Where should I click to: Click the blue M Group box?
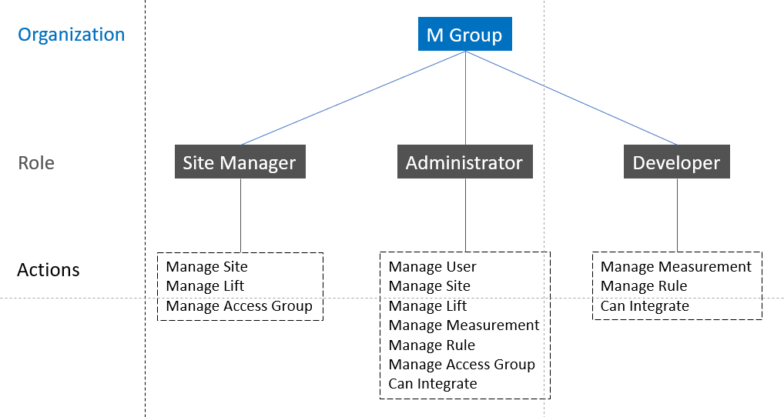(x=465, y=34)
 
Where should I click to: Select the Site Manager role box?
(x=240, y=162)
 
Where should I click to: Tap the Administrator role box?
(x=465, y=162)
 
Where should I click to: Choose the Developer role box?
(x=676, y=162)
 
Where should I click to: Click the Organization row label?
(x=71, y=35)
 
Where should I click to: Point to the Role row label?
(x=36, y=163)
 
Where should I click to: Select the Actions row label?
(x=49, y=270)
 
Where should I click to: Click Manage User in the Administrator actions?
(x=433, y=267)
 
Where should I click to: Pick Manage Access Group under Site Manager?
(x=239, y=306)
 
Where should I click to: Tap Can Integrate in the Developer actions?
(x=645, y=306)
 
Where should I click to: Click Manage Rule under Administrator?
(x=431, y=345)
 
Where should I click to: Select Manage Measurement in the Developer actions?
(x=675, y=267)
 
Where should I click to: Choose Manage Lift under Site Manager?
(x=205, y=286)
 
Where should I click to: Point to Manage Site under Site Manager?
(x=206, y=267)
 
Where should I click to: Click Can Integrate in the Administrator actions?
(x=433, y=384)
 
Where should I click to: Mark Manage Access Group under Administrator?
(x=461, y=365)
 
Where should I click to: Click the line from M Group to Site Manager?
(x=353, y=98)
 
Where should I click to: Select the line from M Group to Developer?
(x=571, y=98)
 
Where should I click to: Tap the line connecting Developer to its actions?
(x=678, y=215)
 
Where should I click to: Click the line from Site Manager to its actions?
(x=240, y=215)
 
